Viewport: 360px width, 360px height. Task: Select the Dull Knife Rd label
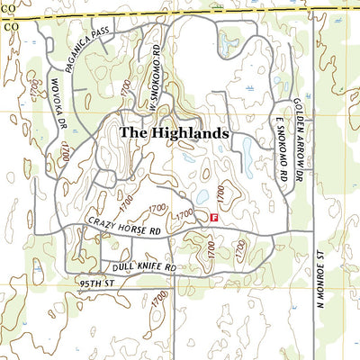143,267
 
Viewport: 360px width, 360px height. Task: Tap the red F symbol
213,217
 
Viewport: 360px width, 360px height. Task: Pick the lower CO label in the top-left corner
10,27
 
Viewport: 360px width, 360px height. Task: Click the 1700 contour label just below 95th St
159,296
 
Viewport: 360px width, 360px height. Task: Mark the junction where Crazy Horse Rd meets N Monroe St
312,237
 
